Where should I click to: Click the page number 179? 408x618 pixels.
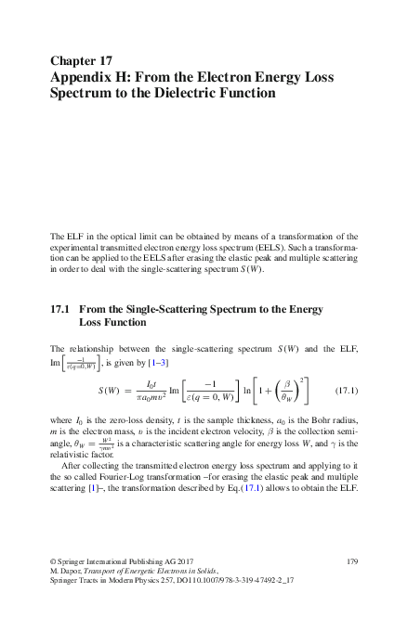[351, 561]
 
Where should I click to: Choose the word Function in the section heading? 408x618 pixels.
[125, 323]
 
